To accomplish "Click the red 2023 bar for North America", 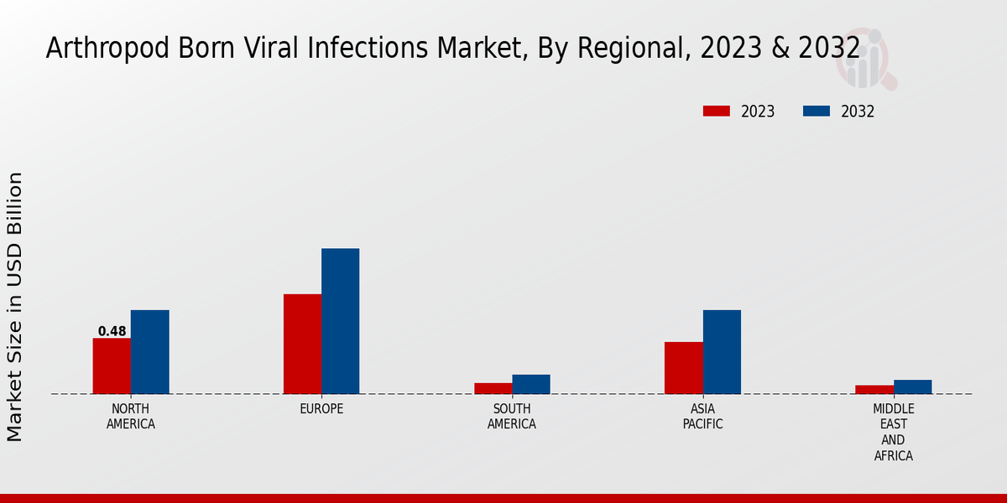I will [112, 366].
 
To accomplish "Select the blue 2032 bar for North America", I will [149, 352].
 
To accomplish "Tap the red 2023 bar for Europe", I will [302, 344].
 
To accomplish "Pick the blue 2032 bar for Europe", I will [340, 321].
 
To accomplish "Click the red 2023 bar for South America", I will [493, 388].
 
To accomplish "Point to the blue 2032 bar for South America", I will [530, 384].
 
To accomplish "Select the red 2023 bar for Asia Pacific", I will [683, 367].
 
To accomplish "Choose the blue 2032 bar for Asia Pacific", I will [722, 352].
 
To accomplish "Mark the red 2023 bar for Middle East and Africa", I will [874, 389].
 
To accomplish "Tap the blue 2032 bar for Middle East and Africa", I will [912, 386].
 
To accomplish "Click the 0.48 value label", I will [112, 331].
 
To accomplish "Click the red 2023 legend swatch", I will [717, 111].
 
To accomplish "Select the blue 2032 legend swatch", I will [817, 111].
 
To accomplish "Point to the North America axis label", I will [130, 416].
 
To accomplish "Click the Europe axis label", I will [321, 409].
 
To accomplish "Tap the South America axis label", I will [512, 416].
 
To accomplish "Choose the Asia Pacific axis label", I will [702, 416].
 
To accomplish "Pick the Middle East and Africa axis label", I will [893, 432].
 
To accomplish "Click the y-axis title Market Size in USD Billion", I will [15, 306].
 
